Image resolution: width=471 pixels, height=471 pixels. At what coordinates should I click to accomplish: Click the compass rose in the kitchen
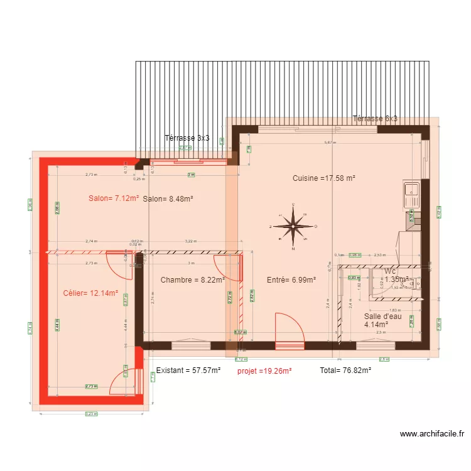[x=293, y=226]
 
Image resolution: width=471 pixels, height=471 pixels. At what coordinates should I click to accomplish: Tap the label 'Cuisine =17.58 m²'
[x=324, y=178]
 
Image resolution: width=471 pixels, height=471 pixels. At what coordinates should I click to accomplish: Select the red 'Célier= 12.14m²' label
[x=90, y=293]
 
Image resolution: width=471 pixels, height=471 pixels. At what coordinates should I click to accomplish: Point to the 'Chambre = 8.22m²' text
[x=192, y=280]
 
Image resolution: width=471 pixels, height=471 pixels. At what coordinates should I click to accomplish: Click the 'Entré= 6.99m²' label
[x=291, y=280]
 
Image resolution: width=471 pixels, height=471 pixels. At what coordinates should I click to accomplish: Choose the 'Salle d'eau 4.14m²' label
[x=382, y=321]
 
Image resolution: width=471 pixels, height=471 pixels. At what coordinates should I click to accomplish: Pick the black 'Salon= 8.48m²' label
[x=168, y=199]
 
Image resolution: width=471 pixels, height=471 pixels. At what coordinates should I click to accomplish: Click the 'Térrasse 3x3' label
[x=187, y=138]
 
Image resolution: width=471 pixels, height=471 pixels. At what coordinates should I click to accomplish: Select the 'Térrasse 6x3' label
[x=375, y=119]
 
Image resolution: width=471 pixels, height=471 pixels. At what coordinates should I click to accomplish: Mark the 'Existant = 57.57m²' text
[x=188, y=371]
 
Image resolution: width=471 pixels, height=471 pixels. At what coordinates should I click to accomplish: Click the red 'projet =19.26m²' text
[x=264, y=371]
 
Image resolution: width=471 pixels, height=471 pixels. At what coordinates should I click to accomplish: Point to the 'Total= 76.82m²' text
[x=345, y=371]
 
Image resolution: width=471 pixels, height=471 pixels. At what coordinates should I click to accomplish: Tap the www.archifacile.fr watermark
[x=433, y=433]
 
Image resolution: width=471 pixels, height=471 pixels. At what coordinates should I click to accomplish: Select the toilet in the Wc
[x=409, y=284]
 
